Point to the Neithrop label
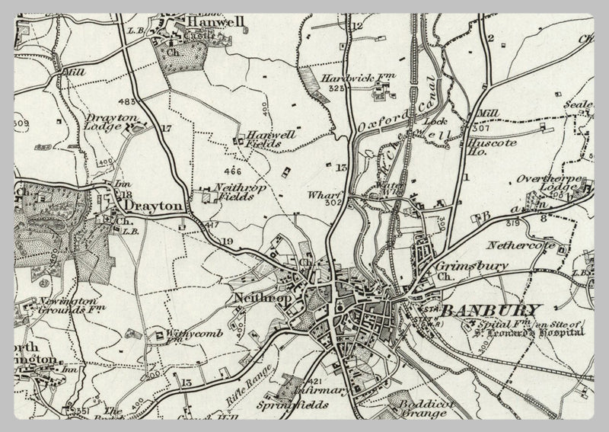[259, 298]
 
